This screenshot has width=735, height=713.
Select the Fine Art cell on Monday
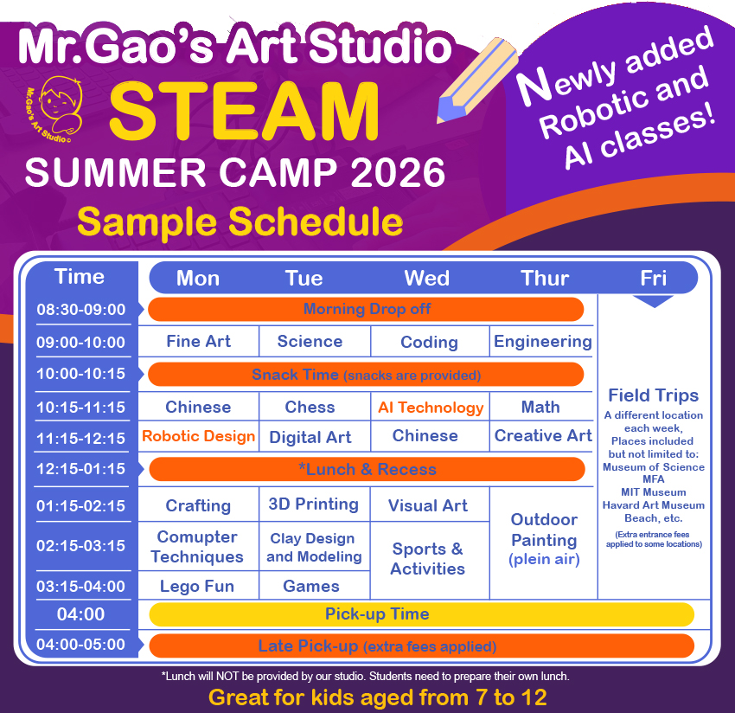coord(198,341)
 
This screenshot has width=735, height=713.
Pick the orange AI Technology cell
coord(431,407)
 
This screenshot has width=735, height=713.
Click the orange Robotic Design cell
coord(198,436)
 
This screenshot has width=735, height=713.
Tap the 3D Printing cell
coord(313,504)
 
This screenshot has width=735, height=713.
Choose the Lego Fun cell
coord(197,586)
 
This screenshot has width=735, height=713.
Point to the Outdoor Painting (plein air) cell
coord(543,539)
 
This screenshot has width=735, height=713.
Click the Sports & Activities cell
coord(428,559)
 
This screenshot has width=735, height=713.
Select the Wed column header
coord(426,278)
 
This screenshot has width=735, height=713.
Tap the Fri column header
coord(653,278)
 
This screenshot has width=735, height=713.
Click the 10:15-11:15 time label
coord(80,407)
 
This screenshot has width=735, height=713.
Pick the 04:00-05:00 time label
coord(80,645)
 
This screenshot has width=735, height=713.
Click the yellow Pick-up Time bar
coord(422,614)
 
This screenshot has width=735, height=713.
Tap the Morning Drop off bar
coord(367,309)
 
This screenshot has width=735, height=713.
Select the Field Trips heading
coord(653,395)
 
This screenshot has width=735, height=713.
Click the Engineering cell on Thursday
coord(542,341)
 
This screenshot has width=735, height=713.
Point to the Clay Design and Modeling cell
coord(313,548)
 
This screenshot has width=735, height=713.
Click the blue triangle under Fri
coord(653,301)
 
